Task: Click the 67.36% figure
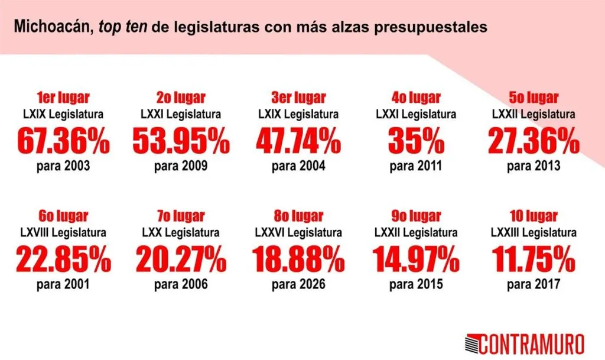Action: pyautogui.click(x=63, y=141)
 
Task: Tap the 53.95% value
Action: pyautogui.click(x=180, y=141)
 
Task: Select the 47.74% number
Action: pyautogui.click(x=298, y=141)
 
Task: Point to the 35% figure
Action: pyautogui.click(x=416, y=141)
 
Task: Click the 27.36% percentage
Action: pyautogui.click(x=534, y=141)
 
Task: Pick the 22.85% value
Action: pyautogui.click(x=63, y=259)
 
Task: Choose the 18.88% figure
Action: pyautogui.click(x=298, y=259)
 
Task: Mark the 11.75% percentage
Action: pyautogui.click(x=534, y=259)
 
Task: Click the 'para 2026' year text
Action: pyautogui.click(x=298, y=285)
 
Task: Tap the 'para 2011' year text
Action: pyautogui.click(x=416, y=166)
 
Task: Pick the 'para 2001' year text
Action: pyautogui.click(x=63, y=285)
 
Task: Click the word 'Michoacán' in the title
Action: pyautogui.click(x=51, y=27)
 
